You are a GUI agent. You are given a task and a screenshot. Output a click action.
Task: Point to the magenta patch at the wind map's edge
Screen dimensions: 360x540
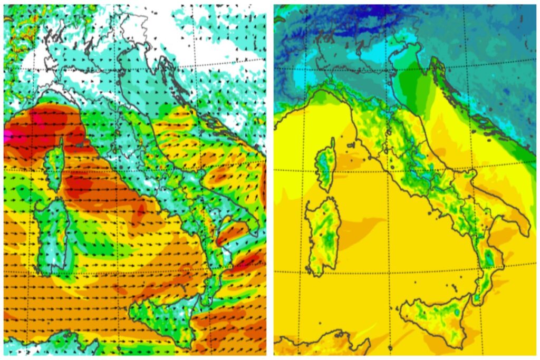click(x=7, y=135)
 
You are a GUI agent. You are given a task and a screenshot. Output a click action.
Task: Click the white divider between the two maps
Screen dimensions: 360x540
click(x=270, y=179)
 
